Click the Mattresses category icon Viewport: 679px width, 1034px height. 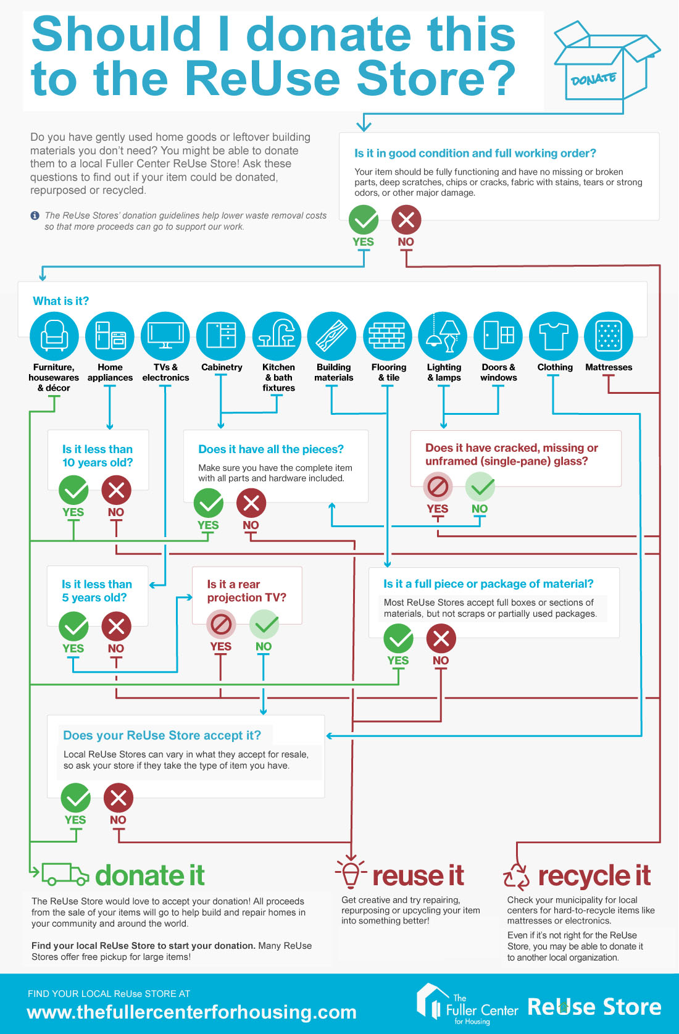(x=609, y=336)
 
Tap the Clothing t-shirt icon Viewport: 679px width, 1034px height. (x=553, y=336)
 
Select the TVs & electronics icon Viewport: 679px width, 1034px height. (x=165, y=336)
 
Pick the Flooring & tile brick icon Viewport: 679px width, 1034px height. (x=387, y=336)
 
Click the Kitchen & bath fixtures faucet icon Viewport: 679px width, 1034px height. (x=277, y=336)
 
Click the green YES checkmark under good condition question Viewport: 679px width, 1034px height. (x=364, y=220)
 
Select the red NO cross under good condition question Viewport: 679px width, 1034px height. (x=406, y=220)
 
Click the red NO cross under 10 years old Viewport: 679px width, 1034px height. (x=116, y=490)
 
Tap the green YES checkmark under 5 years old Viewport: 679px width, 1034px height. (x=74, y=627)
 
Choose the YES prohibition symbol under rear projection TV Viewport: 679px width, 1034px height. (x=221, y=625)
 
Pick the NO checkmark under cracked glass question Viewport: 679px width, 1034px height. (x=480, y=486)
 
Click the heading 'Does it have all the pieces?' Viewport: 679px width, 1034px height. (x=271, y=449)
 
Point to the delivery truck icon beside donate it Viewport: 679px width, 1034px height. (x=65, y=874)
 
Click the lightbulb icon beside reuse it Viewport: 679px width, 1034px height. (x=351, y=874)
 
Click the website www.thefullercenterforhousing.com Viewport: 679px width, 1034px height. (x=191, y=1012)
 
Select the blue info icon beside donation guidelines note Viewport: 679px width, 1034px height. (x=35, y=215)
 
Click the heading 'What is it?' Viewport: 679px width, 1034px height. (x=61, y=301)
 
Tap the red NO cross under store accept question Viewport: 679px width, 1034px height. (x=118, y=798)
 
